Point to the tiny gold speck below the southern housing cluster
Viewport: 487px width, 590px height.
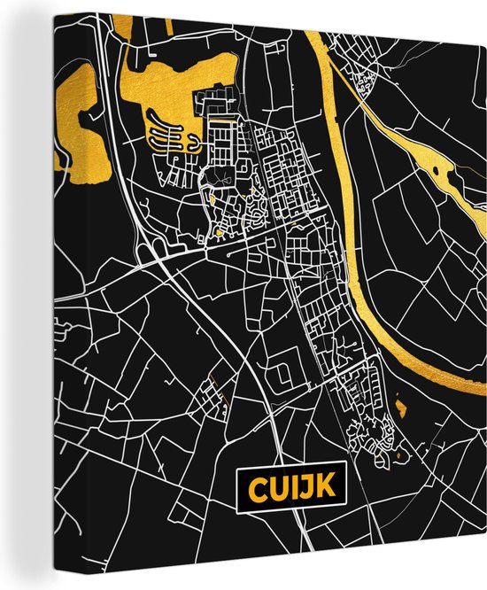pyautogui.click(x=398, y=455)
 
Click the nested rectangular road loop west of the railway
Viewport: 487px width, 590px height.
pyautogui.click(x=282, y=376)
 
